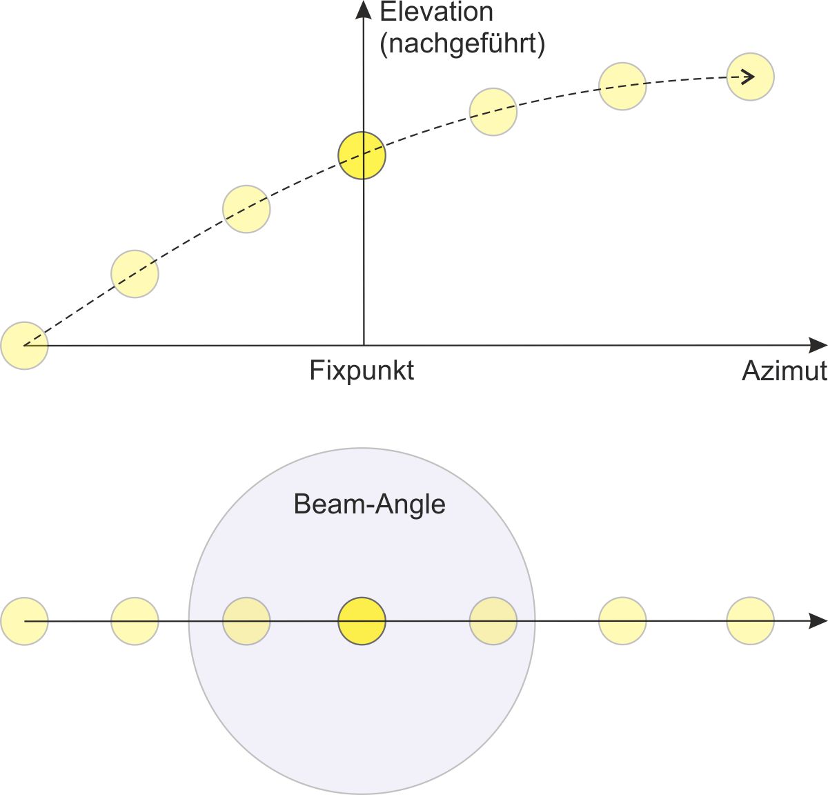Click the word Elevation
click(x=436, y=12)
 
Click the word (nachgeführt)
click(x=462, y=45)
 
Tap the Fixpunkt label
click(x=362, y=371)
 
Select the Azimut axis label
click(x=784, y=371)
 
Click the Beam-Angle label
click(x=369, y=504)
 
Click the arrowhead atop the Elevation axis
click(x=364, y=10)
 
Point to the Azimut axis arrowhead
click(x=818, y=345)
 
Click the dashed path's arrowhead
click(x=747, y=77)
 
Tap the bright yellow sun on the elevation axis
click(x=362, y=155)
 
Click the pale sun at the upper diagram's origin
click(x=24, y=346)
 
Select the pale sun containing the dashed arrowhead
click(x=750, y=77)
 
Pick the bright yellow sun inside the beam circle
click(x=362, y=621)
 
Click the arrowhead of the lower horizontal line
click(x=818, y=621)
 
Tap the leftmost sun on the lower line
click(x=24, y=621)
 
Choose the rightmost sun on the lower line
click(x=750, y=621)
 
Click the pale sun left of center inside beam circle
click(x=246, y=621)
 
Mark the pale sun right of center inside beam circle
click(x=493, y=621)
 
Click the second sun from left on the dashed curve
click(x=135, y=274)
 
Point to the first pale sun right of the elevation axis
click(x=493, y=112)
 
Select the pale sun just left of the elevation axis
click(x=246, y=209)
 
